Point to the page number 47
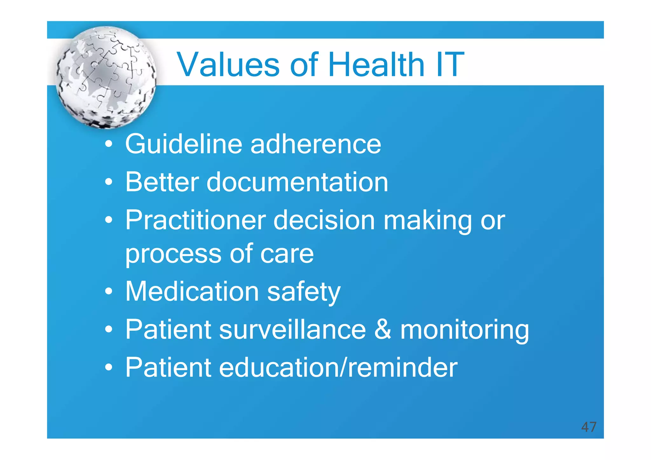click(588, 427)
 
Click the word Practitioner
click(195, 220)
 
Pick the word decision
click(324, 220)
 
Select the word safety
click(304, 292)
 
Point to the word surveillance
click(292, 329)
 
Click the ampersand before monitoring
click(383, 329)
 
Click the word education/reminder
click(338, 368)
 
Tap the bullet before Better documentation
click(109, 182)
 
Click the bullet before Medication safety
click(109, 291)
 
